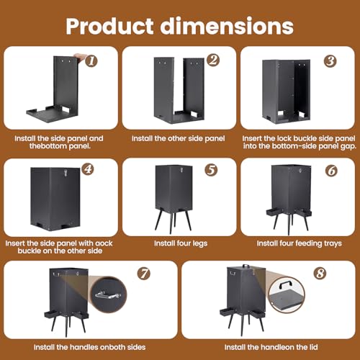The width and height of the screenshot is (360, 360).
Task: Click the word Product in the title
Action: (109, 26)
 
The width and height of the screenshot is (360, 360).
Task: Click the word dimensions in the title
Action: (227, 26)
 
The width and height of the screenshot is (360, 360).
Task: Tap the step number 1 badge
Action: (91, 61)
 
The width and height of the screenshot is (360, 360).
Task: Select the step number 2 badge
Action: (213, 60)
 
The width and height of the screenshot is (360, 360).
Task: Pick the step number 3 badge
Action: (330, 61)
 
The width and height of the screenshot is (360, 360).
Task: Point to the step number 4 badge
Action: (88, 169)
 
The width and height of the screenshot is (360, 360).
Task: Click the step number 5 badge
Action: (211, 170)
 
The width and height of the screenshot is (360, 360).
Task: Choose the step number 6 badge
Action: (332, 171)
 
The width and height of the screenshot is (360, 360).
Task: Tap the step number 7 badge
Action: (144, 274)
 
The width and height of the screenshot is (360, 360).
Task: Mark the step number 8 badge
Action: (320, 273)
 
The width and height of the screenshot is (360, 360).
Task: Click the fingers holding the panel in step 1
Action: (81, 58)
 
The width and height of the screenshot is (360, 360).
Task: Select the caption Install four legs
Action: (181, 243)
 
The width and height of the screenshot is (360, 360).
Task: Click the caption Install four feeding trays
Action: (300, 243)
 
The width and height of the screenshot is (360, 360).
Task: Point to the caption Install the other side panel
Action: (179, 138)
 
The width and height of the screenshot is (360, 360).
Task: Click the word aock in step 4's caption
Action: (104, 243)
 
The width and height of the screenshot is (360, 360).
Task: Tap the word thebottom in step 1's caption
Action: (48, 146)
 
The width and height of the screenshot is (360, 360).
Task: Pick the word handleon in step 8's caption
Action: (277, 347)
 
